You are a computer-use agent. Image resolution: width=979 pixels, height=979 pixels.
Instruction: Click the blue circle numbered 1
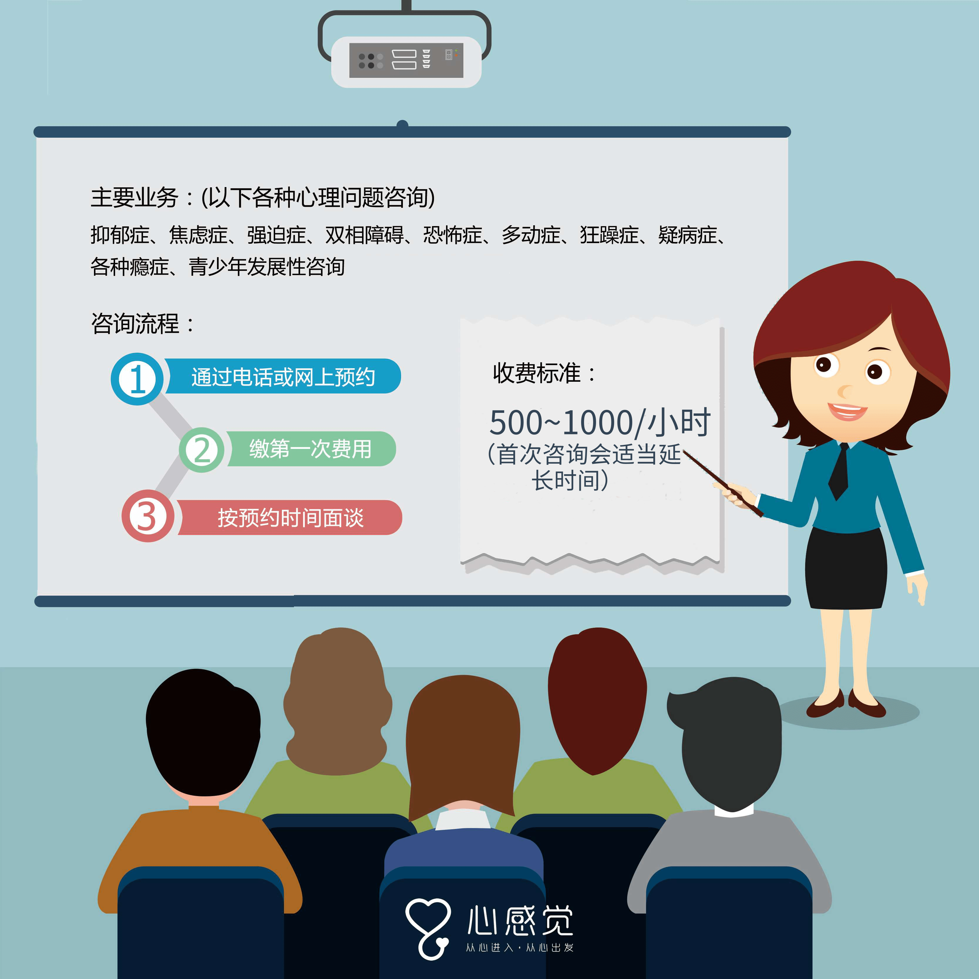(x=137, y=379)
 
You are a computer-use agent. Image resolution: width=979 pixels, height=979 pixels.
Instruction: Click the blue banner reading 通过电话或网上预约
(x=283, y=376)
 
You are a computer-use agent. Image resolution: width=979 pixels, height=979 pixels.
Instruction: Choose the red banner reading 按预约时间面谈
(x=290, y=517)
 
